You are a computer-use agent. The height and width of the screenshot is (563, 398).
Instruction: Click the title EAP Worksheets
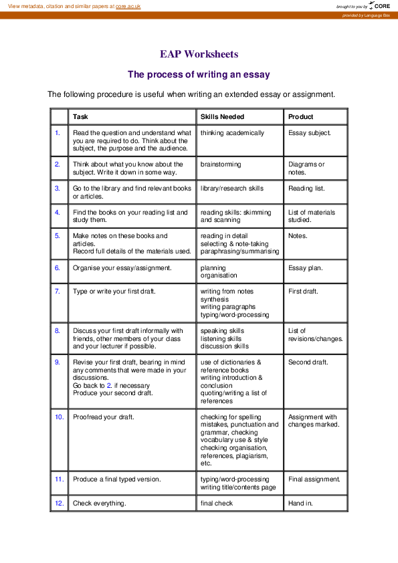[199, 54]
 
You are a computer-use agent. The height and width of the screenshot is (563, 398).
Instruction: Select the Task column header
[80, 116]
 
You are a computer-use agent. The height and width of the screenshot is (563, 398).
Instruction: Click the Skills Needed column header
[222, 116]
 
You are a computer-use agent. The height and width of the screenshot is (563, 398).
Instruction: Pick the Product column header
[300, 116]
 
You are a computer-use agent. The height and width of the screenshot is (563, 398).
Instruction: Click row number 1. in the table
[58, 132]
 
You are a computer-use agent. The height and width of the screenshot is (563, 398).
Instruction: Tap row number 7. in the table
[58, 291]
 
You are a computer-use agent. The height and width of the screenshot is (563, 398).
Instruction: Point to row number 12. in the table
[59, 503]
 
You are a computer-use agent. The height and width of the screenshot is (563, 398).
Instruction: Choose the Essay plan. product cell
[305, 268]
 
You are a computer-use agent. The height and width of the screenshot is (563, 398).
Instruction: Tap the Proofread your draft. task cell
[103, 417]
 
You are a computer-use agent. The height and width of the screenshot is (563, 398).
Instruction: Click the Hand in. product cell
[300, 503]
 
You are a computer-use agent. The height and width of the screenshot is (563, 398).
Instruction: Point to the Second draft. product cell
[308, 362]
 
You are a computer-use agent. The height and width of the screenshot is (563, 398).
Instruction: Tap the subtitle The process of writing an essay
[199, 74]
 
